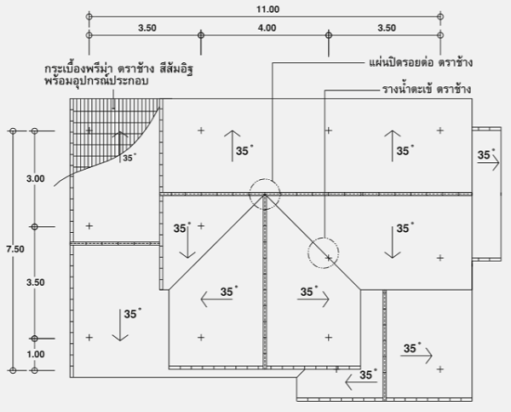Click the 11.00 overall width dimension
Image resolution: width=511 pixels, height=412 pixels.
point(267,9)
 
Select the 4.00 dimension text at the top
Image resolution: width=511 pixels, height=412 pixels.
point(267,28)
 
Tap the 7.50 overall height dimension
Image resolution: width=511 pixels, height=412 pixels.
point(15,249)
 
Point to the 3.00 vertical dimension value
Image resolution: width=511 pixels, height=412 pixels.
point(36,178)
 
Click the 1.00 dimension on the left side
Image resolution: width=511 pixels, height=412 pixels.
point(36,354)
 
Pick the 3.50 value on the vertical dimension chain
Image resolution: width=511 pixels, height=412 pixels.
point(36,282)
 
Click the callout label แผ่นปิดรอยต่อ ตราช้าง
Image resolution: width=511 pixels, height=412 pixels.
point(421,62)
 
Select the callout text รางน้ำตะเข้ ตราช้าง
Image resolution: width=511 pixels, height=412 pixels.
point(427,89)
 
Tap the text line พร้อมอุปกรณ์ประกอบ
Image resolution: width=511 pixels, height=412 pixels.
point(96,80)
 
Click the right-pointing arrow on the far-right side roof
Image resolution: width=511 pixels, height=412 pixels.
point(489,162)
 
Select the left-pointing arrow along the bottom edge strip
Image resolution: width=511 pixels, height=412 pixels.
point(361,382)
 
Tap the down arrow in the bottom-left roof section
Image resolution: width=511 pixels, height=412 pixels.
point(120,325)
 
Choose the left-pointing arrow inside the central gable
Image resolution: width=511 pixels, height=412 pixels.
point(216,299)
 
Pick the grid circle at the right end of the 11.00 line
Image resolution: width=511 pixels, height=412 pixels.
point(440,16)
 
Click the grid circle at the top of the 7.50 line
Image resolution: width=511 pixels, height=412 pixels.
point(13,131)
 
